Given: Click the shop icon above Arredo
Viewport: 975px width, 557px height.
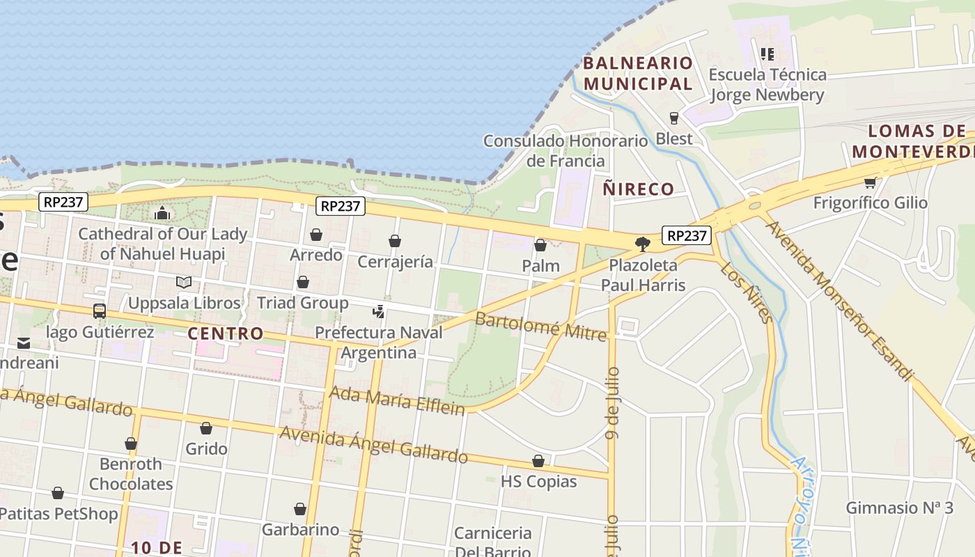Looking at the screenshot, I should tap(316, 235).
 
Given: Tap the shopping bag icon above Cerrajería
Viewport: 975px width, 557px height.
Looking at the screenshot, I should tap(395, 241).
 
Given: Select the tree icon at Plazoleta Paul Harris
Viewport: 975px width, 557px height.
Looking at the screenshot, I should tap(642, 244).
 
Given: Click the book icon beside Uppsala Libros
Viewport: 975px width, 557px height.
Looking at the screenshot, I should tap(184, 282).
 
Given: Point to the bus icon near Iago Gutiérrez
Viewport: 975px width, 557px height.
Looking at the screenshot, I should tap(100, 311).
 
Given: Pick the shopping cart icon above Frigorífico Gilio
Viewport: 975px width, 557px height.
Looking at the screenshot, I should tap(870, 182).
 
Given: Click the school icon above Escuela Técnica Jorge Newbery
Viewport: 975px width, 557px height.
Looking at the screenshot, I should tap(767, 54).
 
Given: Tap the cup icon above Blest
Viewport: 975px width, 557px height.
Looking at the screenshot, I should tap(673, 118).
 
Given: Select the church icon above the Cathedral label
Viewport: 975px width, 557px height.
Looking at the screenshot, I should tap(162, 212).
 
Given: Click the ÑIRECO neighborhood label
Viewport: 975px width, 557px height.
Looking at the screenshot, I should tap(639, 189).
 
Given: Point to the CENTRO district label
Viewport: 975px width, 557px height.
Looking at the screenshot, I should tap(226, 334).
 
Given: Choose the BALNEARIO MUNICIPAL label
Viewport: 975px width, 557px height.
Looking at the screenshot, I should tap(638, 73).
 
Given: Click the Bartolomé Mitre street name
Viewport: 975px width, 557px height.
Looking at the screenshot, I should tap(540, 326).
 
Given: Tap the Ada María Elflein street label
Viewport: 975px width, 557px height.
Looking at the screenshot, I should tap(396, 400).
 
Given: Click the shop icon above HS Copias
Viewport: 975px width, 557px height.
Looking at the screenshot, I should tap(538, 461).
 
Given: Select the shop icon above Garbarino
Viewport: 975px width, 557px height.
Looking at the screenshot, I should tap(300, 509).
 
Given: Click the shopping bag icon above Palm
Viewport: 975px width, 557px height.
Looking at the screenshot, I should tap(540, 245).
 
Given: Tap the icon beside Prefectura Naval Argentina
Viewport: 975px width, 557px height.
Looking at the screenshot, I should tap(379, 311).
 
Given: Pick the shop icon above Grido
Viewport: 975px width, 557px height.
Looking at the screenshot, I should tap(206, 427).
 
